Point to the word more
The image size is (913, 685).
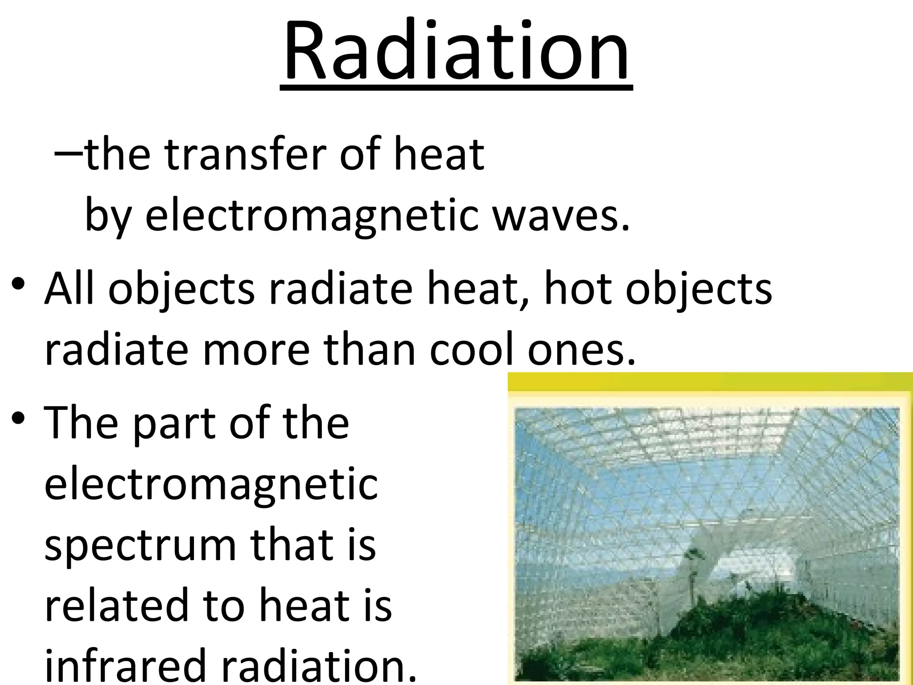[256, 350]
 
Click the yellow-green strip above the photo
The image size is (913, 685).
[709, 383]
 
